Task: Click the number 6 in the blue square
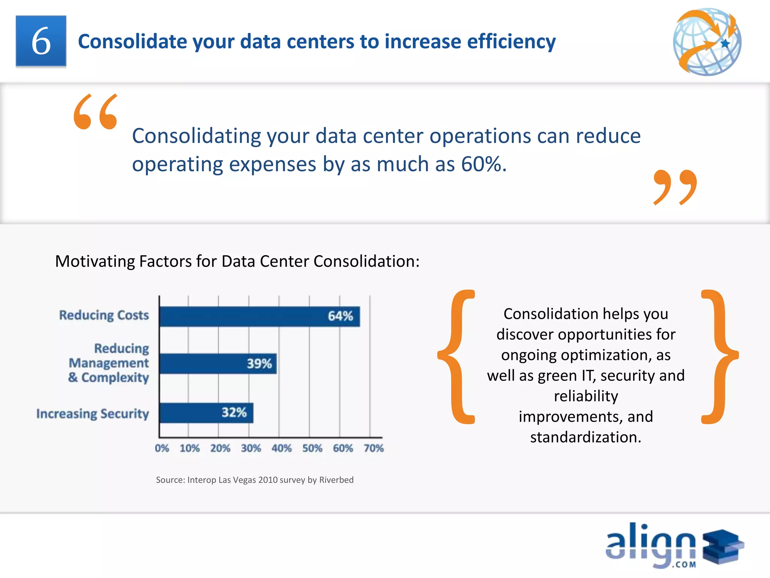[41, 41]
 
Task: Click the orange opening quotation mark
[95, 112]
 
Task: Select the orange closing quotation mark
[675, 187]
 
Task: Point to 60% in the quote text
[483, 164]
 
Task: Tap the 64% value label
[340, 316]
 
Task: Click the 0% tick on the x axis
[162, 448]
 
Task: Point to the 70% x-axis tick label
[373, 448]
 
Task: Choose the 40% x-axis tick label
[282, 448]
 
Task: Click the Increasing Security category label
[92, 414]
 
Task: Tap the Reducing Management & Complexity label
[109, 363]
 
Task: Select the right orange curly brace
[719, 357]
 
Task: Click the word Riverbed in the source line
[336, 480]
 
